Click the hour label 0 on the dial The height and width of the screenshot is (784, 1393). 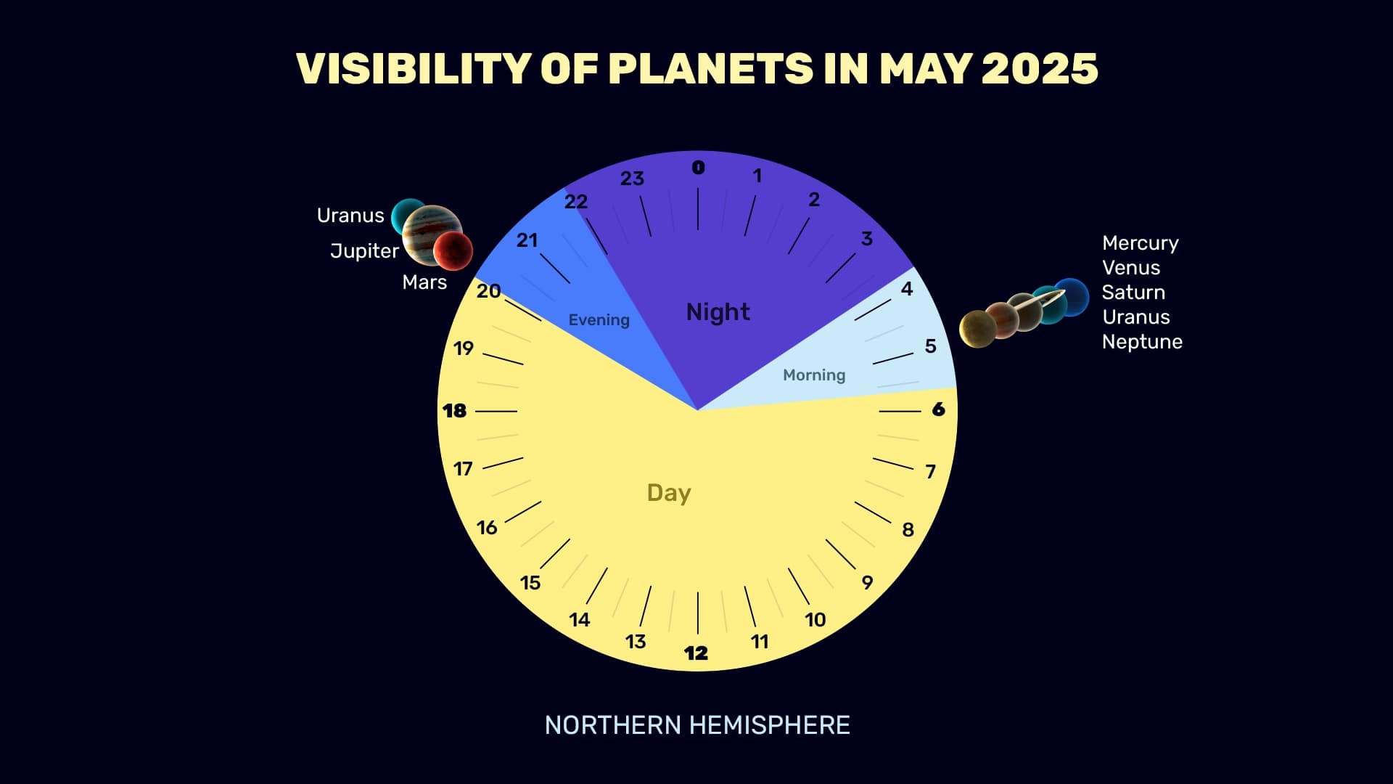click(x=698, y=168)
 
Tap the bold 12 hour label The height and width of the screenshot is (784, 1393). click(x=696, y=653)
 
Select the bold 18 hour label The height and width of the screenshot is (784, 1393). click(x=454, y=411)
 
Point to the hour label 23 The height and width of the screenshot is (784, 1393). click(x=632, y=179)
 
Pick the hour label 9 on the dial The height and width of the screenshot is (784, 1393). click(x=867, y=582)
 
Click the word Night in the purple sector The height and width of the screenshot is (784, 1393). click(x=718, y=312)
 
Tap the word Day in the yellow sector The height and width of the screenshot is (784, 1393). click(x=669, y=493)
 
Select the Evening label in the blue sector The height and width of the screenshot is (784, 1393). click(x=599, y=320)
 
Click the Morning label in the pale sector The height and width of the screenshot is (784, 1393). click(x=814, y=375)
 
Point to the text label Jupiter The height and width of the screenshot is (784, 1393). click(x=364, y=251)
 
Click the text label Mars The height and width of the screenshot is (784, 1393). click(x=424, y=282)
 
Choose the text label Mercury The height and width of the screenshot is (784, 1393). click(x=1141, y=243)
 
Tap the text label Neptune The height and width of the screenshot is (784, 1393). click(x=1142, y=342)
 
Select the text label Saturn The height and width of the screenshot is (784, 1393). click(x=1133, y=293)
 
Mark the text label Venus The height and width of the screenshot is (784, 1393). click(x=1131, y=268)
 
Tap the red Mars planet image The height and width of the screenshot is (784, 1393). click(x=453, y=251)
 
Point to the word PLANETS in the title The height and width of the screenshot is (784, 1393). click(x=711, y=69)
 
